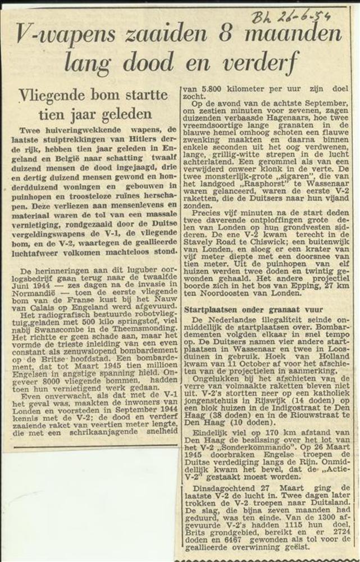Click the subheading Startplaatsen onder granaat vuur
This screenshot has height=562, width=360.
pyautogui.click(x=253, y=309)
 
